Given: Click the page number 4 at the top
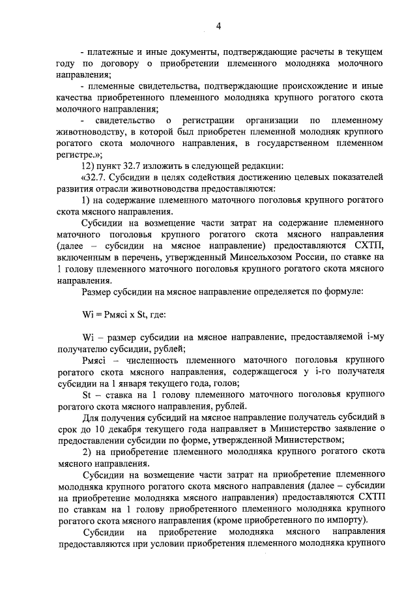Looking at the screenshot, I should click(219, 26).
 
